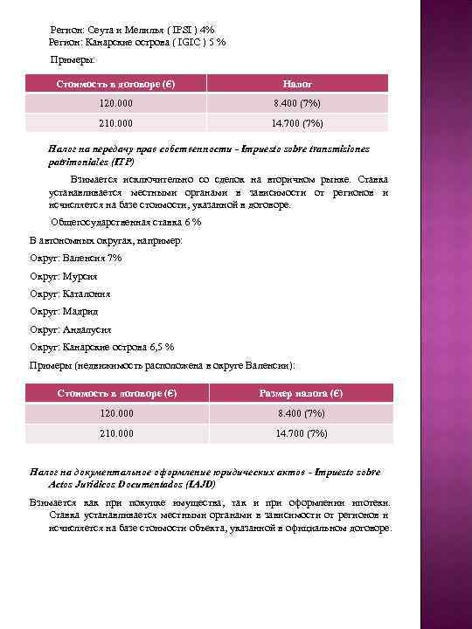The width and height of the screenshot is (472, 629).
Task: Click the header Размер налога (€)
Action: (x=300, y=393)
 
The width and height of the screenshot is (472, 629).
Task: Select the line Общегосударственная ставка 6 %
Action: (x=126, y=222)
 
